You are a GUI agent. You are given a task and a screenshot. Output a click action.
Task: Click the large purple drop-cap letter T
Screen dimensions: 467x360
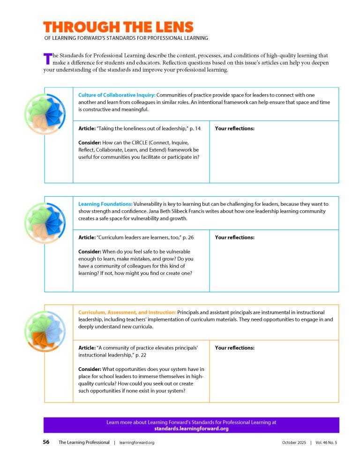pos(47,59)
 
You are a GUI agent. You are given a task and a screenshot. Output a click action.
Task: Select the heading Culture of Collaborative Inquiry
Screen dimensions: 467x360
pos(117,95)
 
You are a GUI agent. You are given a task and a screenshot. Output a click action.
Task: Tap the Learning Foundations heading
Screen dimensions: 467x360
pos(105,204)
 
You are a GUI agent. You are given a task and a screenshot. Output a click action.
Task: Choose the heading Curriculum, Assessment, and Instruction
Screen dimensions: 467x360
pos(127,312)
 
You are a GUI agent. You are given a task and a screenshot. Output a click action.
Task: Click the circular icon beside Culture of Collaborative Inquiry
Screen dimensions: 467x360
pos(44,114)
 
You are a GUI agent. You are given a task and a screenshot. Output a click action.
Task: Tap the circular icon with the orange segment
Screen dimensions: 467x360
pos(44,332)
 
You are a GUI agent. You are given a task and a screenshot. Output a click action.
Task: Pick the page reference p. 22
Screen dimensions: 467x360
pos(141,356)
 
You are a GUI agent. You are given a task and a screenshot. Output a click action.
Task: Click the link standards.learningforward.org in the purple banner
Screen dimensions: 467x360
pos(191,429)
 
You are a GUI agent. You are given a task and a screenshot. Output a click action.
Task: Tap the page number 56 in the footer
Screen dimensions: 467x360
pos(46,442)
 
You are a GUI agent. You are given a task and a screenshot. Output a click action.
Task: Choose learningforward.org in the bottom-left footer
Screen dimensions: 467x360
pos(137,443)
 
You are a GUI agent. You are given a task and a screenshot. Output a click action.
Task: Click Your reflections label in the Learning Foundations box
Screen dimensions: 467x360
pos(234,237)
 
